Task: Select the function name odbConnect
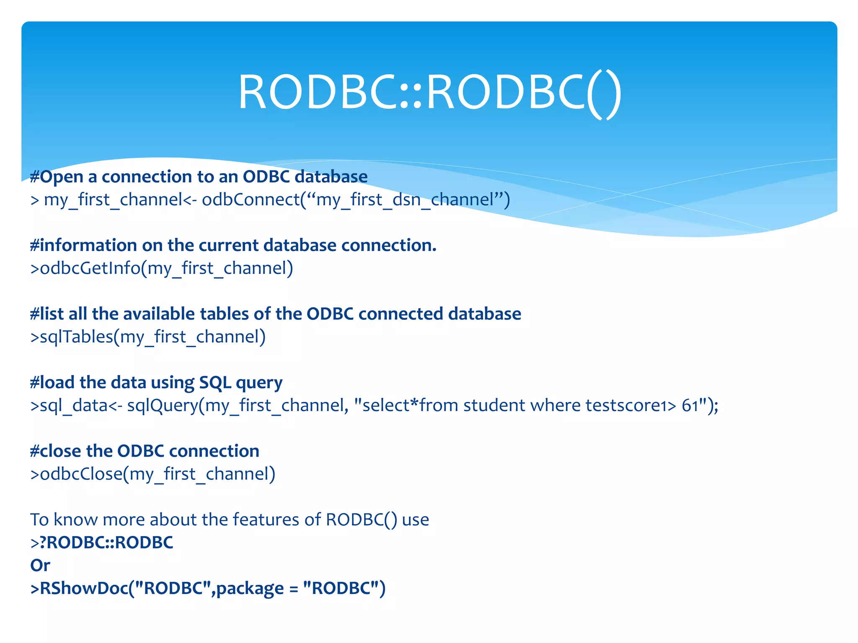pyautogui.click(x=251, y=200)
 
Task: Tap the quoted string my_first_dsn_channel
pyautogui.click(x=405, y=200)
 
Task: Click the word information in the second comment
pyautogui.click(x=88, y=245)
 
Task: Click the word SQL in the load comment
pyautogui.click(x=215, y=383)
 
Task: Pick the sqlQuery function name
pyautogui.click(x=163, y=406)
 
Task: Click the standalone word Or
pyautogui.click(x=40, y=566)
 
